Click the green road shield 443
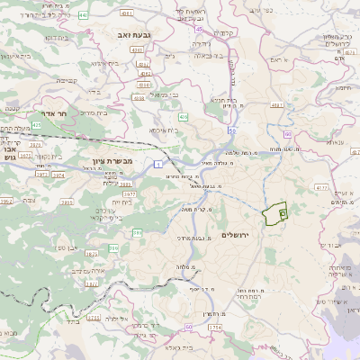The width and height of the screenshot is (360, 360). [84, 15]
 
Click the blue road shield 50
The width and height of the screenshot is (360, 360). [231, 132]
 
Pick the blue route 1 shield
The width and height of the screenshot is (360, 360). [156, 163]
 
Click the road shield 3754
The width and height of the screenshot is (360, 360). [214, 327]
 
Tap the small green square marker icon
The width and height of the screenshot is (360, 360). [282, 213]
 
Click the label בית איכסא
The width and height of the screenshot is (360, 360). [161, 131]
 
